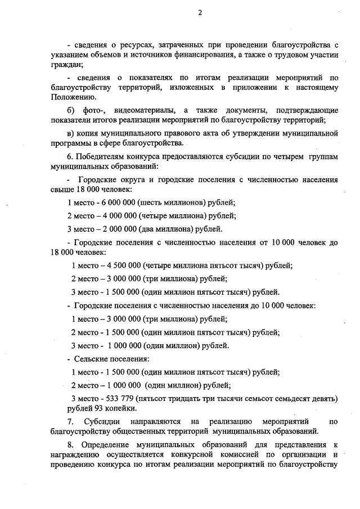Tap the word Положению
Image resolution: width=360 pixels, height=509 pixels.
(70, 97)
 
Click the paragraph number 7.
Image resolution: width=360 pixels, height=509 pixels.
(70, 421)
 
